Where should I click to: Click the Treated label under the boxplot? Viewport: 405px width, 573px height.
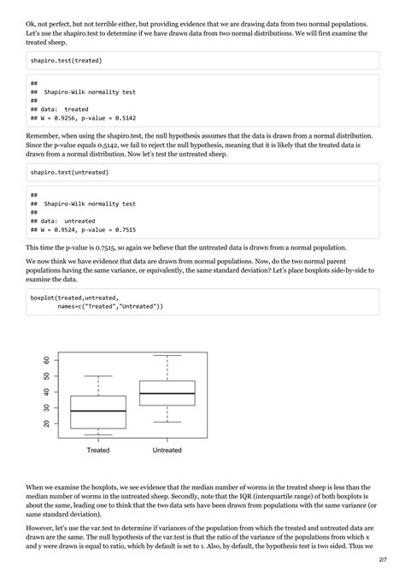[98, 450]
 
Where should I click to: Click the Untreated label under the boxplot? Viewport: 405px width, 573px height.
[167, 450]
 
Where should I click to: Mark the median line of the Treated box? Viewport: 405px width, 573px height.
[98, 411]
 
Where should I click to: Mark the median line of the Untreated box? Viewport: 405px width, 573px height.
[167, 393]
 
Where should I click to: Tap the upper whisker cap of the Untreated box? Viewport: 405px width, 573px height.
[167, 355]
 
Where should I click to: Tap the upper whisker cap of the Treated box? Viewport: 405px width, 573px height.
[98, 376]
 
